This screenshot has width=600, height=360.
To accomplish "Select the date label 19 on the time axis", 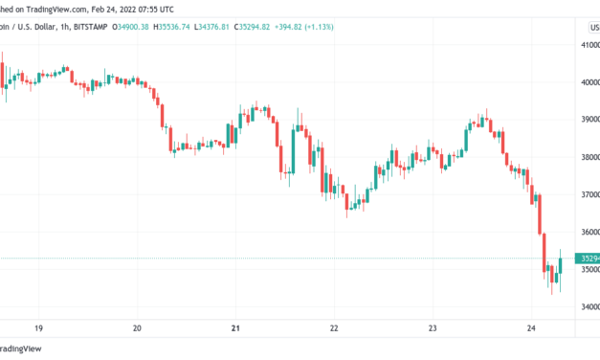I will [x=38, y=326].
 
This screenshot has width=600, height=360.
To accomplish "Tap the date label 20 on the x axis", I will [x=137, y=326].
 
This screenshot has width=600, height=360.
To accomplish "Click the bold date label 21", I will [x=235, y=326].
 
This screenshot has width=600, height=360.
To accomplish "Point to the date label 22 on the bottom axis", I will [x=334, y=326].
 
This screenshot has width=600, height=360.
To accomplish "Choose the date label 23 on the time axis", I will [x=433, y=326].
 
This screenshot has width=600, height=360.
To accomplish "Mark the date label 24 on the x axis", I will [x=530, y=326].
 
